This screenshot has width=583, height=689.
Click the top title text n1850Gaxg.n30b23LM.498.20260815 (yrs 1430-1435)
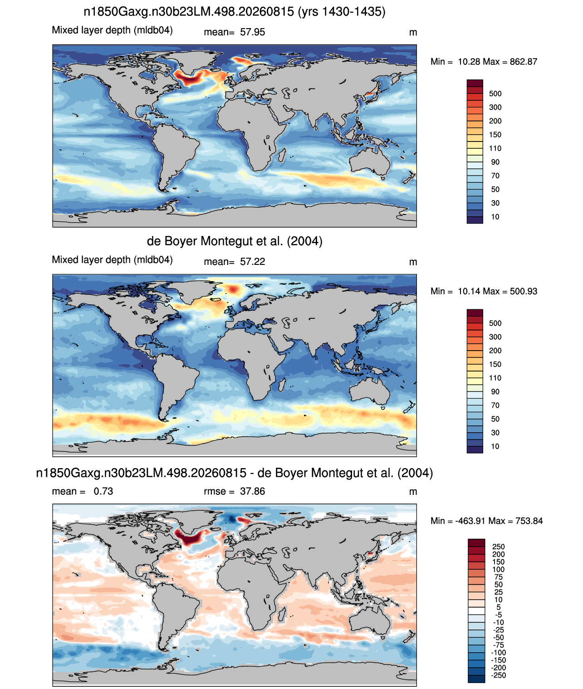tap(234, 12)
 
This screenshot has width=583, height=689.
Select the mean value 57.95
tap(252, 32)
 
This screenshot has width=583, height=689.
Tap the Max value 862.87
tap(523, 62)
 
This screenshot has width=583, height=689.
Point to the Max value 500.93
tap(523, 291)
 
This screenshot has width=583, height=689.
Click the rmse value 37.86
tap(252, 491)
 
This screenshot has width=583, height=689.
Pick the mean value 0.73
tap(103, 491)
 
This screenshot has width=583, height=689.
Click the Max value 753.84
tap(529, 521)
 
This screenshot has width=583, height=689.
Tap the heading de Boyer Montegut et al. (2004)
tap(235, 241)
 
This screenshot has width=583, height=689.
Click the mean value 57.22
tap(252, 262)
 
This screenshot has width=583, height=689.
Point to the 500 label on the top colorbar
tap(495, 94)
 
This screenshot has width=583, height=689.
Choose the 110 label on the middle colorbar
tap(495, 378)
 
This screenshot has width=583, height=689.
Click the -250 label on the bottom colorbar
tap(500, 675)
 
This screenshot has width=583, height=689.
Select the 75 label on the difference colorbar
tap(498, 577)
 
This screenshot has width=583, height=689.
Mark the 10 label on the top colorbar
tap(495, 217)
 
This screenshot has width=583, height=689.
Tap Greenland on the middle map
tap(196, 290)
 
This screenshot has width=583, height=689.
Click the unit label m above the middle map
tap(413, 262)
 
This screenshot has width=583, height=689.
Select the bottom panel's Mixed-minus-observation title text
tap(234, 473)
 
